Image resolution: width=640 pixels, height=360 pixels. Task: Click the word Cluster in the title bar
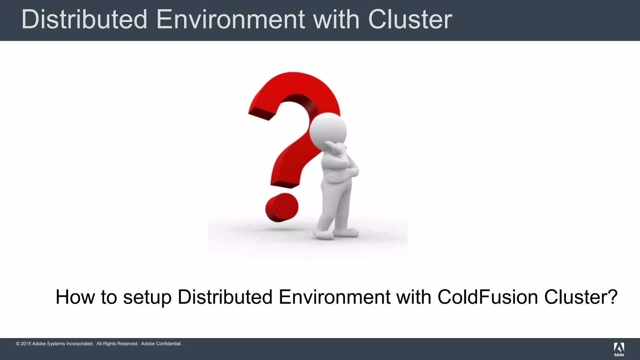coord(410,19)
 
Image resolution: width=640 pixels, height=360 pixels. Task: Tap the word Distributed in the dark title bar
coord(84,19)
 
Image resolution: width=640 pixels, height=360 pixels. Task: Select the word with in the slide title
coord(336,19)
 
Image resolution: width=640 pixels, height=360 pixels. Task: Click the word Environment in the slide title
coord(230,19)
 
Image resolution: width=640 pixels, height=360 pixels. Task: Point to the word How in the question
coord(75,297)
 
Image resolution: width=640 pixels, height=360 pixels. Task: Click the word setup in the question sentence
coord(147,297)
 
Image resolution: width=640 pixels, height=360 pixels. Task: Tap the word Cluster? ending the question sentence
coord(581,297)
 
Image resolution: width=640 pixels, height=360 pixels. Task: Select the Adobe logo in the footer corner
coord(619,349)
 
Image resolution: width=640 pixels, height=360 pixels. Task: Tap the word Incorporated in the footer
coord(80,344)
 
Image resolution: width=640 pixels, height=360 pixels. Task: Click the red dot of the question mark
coord(282,207)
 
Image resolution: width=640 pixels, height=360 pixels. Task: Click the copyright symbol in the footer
coord(17,344)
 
